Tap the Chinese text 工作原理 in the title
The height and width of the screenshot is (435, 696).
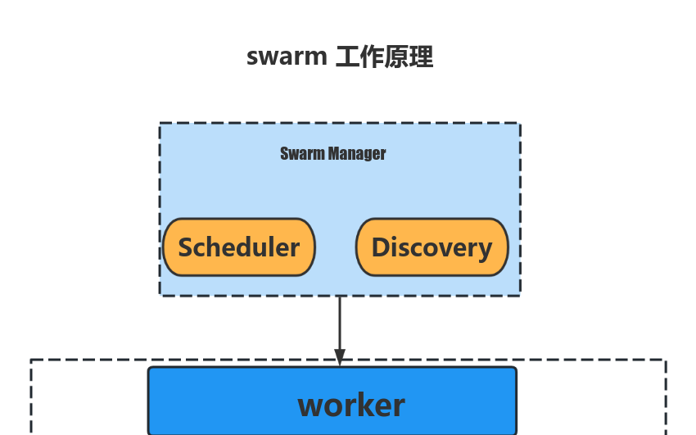[x=384, y=57]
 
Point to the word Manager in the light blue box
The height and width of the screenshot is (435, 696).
[x=356, y=153]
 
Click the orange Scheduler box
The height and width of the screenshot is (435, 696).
[x=239, y=247]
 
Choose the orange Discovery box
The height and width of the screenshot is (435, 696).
[x=432, y=247]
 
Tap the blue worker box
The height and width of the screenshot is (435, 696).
[x=332, y=401]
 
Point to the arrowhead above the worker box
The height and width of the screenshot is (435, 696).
[x=340, y=357]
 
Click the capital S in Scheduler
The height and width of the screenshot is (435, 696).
[x=186, y=247]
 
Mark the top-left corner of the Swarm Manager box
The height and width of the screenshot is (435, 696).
[x=160, y=124]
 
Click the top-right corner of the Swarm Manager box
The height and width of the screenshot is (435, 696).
[x=520, y=124]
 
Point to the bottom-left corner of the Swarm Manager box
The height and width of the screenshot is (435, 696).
[x=160, y=295]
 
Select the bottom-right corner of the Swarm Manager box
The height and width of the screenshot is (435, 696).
[x=520, y=295]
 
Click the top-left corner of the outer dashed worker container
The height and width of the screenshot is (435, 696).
[x=31, y=360]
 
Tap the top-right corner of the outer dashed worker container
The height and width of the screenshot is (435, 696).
[x=665, y=360]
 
